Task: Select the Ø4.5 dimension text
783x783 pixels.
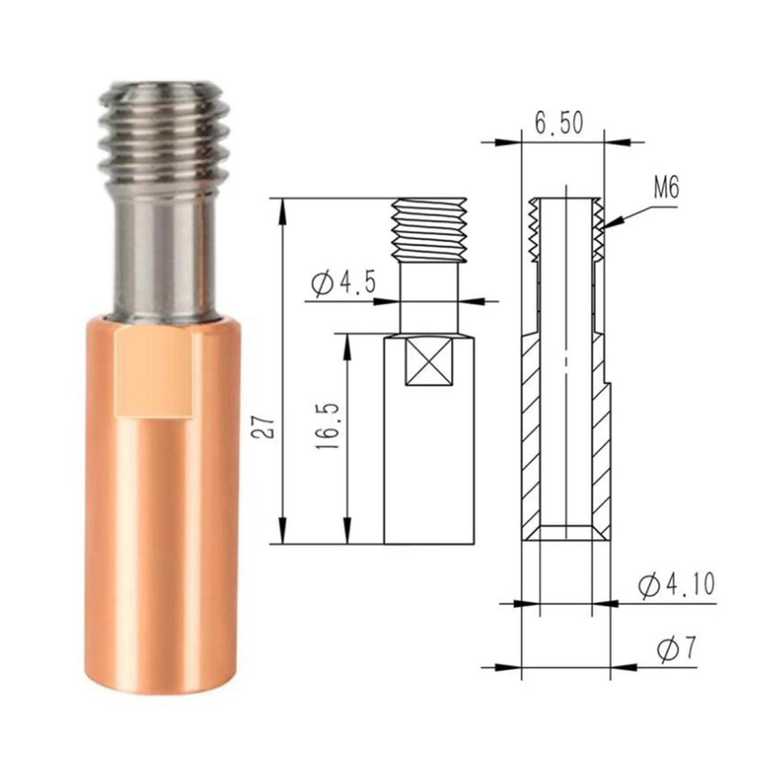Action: click(344, 283)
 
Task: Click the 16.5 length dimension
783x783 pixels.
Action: click(327, 427)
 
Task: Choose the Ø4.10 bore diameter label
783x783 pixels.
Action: click(676, 585)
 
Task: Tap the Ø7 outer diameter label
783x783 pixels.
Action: click(676, 649)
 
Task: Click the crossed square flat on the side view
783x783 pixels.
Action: click(429, 363)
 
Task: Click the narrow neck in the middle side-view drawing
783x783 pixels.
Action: click(429, 299)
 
